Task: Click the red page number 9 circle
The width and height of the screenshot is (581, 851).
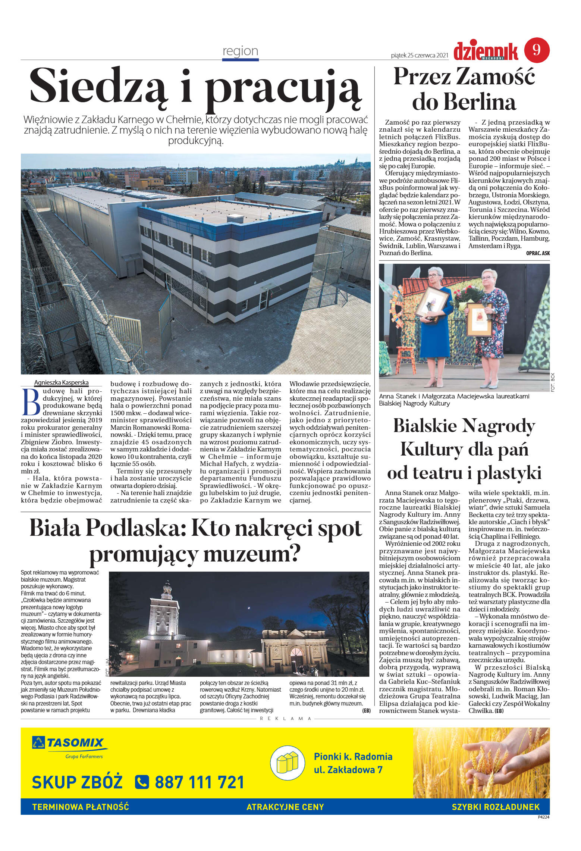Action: tap(537, 50)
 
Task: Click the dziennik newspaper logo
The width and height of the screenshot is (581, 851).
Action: tap(486, 51)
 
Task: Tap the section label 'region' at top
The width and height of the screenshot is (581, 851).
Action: tap(240, 51)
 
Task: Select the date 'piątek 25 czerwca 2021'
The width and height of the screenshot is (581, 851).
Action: tap(419, 55)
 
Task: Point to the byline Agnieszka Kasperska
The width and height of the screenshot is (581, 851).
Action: tap(62, 382)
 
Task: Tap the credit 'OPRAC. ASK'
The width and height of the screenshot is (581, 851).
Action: tap(537, 253)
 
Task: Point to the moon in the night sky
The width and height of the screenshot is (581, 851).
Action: tap(249, 608)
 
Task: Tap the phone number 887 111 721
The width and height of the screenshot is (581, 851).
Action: tap(200, 782)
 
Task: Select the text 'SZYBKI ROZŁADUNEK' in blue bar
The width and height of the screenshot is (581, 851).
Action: tap(495, 807)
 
